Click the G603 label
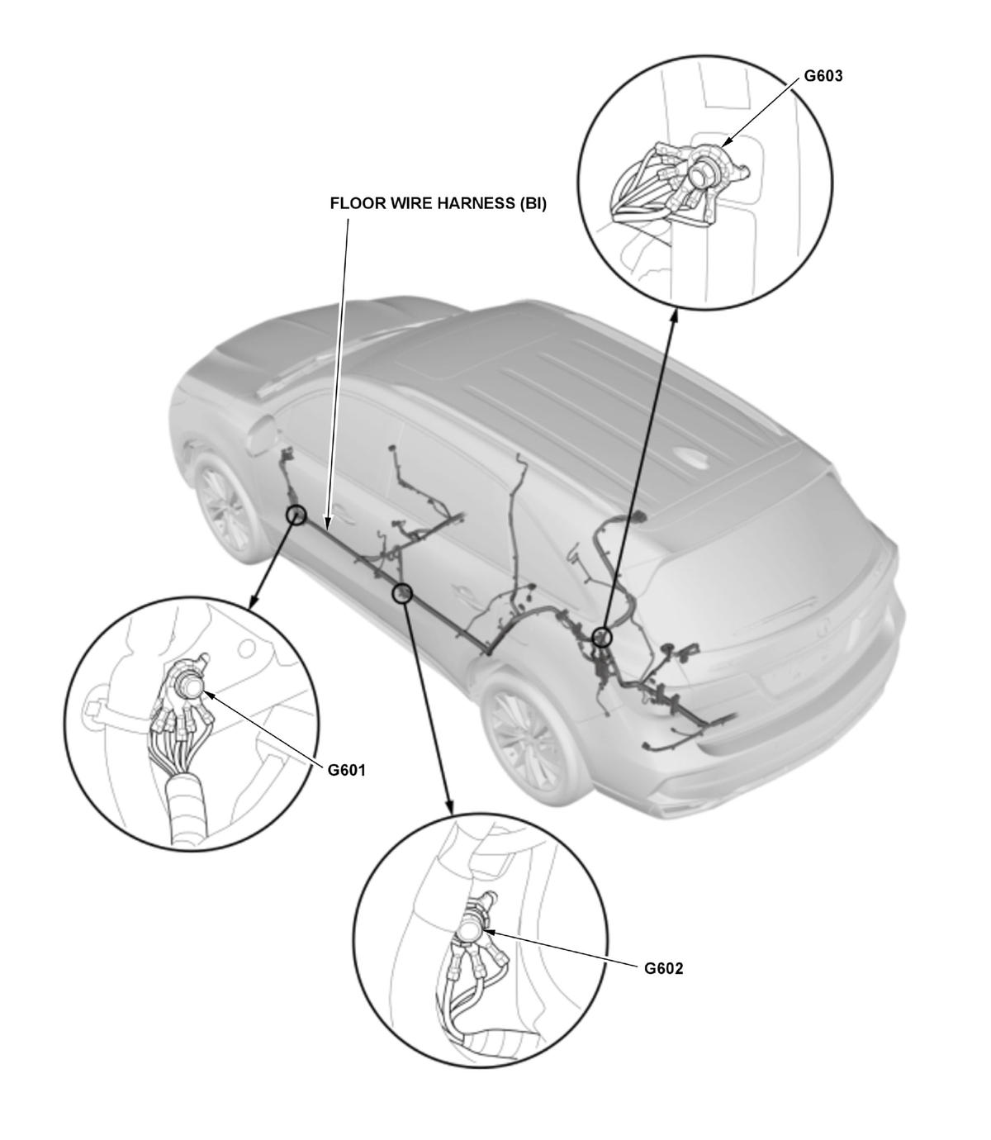pos(823,76)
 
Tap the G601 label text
pos(347,771)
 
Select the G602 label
pos(663,968)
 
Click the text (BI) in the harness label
pos(533,203)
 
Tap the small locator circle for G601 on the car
pos(296,515)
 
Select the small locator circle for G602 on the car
pos(402,593)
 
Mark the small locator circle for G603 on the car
pos(601,636)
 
